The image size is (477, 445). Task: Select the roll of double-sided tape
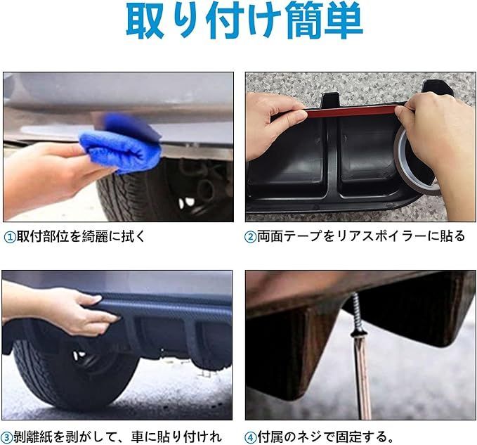click(x=417, y=160)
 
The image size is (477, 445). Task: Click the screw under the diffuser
click(x=357, y=316)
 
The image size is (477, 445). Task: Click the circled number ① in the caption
click(x=9, y=237)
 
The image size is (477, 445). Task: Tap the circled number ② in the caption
click(x=251, y=237)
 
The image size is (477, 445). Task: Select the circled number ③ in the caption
click(x=7, y=438)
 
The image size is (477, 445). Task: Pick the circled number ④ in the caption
click(x=251, y=438)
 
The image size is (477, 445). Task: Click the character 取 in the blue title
click(x=145, y=20)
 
